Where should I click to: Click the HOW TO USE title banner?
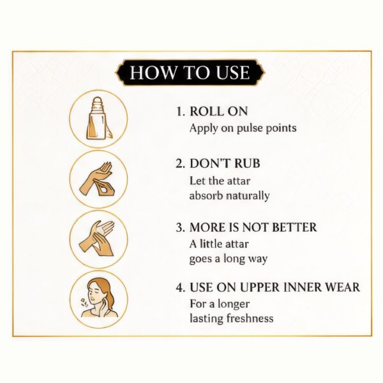[190, 73]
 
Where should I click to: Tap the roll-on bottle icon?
[98, 118]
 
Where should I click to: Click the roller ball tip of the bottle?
[98, 101]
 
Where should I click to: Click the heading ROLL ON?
[218, 111]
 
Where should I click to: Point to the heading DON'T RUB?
[225, 163]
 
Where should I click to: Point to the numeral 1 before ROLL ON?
[179, 112]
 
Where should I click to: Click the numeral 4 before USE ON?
[179, 287]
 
